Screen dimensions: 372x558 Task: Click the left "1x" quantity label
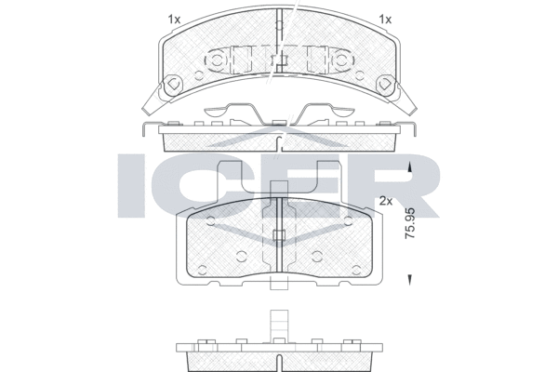pos(174,19)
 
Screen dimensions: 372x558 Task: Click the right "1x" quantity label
pos(386,19)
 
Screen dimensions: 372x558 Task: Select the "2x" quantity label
pos(386,200)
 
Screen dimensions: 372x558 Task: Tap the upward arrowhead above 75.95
pos(410,167)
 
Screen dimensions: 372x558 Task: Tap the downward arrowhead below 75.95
pos(410,277)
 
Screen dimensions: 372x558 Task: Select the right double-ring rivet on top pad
pos(341,60)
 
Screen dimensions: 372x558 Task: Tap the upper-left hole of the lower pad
pos(211,221)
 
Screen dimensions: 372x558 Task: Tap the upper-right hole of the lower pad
pos(347,221)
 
